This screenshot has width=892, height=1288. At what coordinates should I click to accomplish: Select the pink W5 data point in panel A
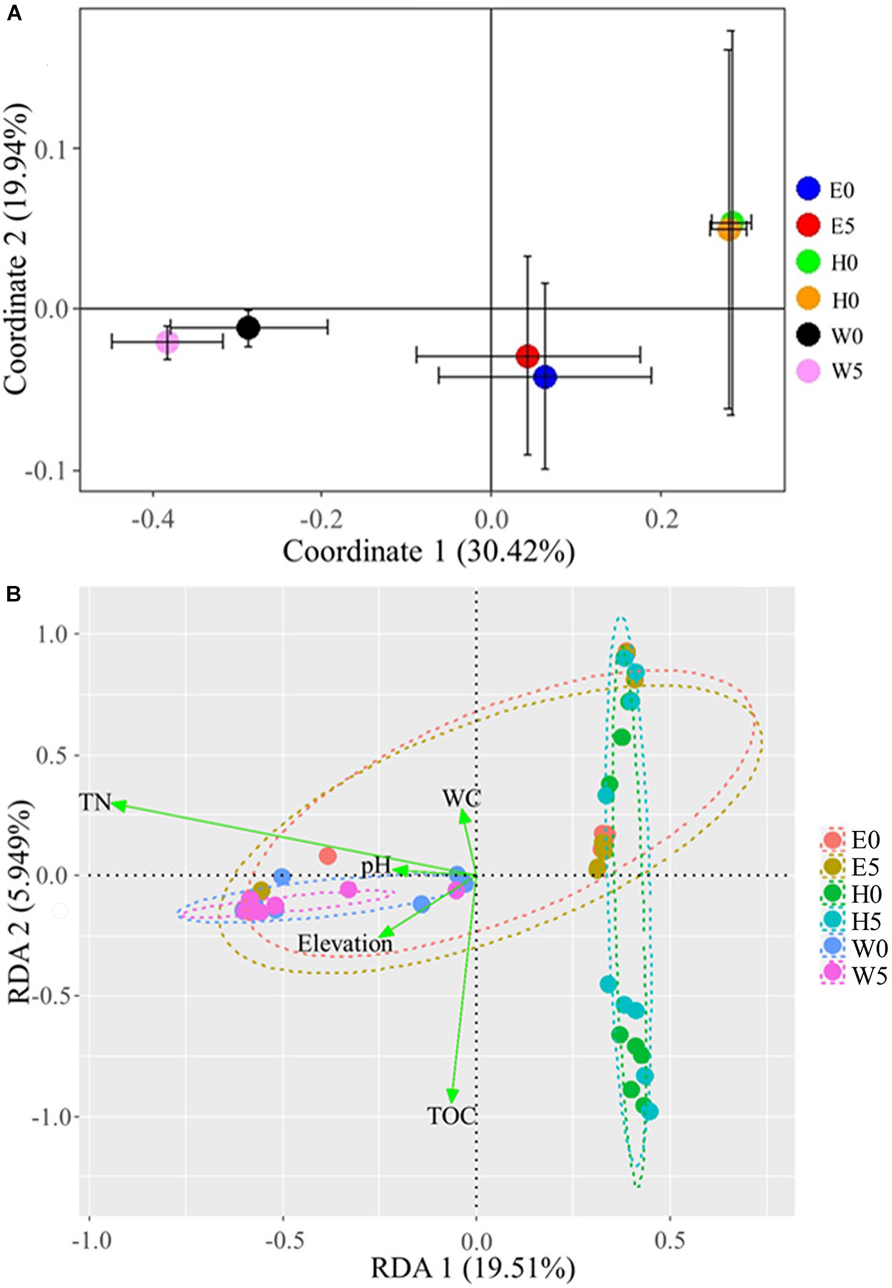tap(167, 342)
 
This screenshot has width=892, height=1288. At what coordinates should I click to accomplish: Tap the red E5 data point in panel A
tap(528, 355)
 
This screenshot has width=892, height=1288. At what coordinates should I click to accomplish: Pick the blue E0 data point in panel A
tap(545, 377)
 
